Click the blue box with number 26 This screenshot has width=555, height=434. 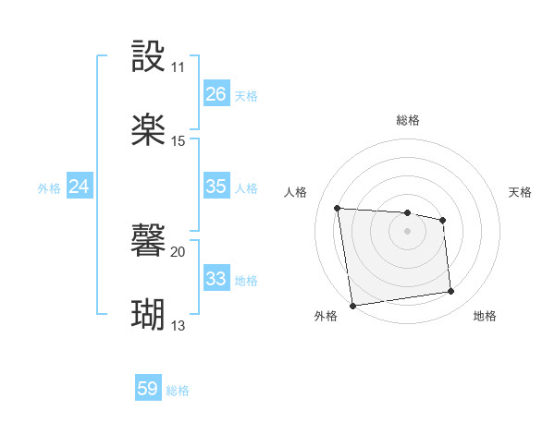click(216, 94)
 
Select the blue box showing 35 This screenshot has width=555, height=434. click(216, 187)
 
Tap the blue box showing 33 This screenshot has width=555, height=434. click(216, 279)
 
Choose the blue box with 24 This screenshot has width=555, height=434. click(80, 187)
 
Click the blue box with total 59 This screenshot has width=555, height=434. click(148, 389)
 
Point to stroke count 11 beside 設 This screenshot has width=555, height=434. click(178, 68)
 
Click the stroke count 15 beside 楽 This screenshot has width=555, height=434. click(179, 141)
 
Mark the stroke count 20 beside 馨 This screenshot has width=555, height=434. click(179, 252)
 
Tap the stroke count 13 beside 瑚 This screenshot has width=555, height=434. click(179, 326)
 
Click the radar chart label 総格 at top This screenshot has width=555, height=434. click(408, 120)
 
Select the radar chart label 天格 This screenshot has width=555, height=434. click(520, 192)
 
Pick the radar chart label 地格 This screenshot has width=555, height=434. click(485, 316)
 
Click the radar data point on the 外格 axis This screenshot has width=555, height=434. click(352, 305)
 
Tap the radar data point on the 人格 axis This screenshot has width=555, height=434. click(338, 208)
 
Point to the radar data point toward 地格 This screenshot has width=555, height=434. click(451, 292)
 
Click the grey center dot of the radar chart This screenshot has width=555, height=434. click(408, 231)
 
